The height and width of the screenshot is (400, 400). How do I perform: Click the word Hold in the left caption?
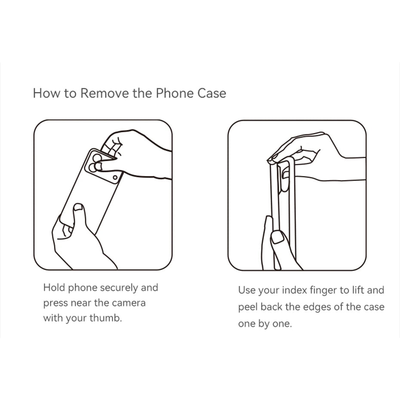coord(54,287)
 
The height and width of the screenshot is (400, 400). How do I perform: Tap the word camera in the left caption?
coord(129,303)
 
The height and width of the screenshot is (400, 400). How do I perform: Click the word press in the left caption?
coord(55,304)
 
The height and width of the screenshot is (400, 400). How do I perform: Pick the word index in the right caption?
coord(295,291)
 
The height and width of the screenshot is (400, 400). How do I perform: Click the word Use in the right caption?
coord(247,290)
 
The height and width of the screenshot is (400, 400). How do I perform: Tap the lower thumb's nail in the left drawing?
coord(78,207)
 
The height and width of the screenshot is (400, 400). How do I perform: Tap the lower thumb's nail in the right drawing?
coord(277,237)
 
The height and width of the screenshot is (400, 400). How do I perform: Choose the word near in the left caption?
coord(80,303)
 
